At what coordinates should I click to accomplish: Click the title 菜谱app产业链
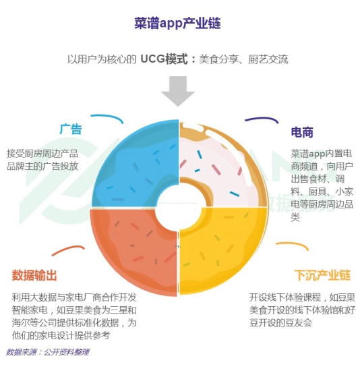(x=177, y=24)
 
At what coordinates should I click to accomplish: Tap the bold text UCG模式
(x=164, y=59)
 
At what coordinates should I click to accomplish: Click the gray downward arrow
(x=178, y=91)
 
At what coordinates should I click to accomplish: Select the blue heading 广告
(x=71, y=129)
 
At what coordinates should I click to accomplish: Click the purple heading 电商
(x=302, y=132)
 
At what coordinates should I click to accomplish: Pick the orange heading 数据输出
(x=34, y=275)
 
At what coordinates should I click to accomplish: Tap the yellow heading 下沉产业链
(x=322, y=275)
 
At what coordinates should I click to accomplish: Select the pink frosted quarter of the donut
(x=224, y=166)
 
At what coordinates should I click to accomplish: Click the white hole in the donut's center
(x=179, y=208)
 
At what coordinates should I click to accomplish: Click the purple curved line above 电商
(x=262, y=118)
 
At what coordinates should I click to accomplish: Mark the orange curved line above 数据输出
(x=68, y=250)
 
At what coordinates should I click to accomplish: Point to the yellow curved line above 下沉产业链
(x=293, y=245)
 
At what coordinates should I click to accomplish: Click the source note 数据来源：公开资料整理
(x=48, y=352)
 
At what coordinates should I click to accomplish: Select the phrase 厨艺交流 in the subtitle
(x=268, y=59)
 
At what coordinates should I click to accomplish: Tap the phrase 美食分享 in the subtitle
(x=218, y=59)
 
